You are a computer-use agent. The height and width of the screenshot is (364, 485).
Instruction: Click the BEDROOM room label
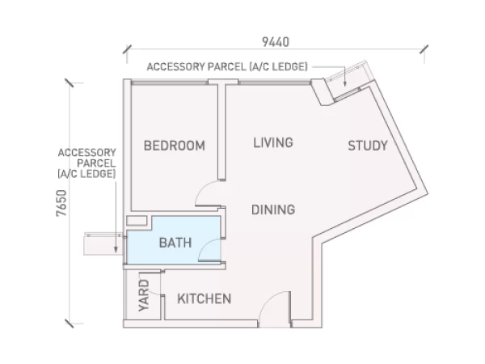pyautogui.click(x=175, y=146)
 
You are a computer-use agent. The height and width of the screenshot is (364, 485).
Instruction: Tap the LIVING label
pyautogui.click(x=273, y=142)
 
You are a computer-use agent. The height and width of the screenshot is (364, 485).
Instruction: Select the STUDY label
pyautogui.click(x=368, y=146)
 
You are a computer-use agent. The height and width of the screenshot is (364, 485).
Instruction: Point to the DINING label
pyautogui.click(x=273, y=210)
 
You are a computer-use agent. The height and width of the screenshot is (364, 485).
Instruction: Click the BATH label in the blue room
pyautogui.click(x=175, y=243)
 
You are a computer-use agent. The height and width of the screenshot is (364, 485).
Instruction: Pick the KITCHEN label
pyautogui.click(x=205, y=298)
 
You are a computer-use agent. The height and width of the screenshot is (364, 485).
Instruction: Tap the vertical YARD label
pyautogui.click(x=144, y=295)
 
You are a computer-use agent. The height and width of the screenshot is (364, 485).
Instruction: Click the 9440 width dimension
pyautogui.click(x=276, y=42)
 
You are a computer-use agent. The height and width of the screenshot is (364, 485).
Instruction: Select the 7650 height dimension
pyautogui.click(x=61, y=203)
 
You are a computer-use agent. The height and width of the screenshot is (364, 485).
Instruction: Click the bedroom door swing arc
pyautogui.click(x=201, y=188)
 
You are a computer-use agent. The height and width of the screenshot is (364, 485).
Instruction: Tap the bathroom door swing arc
pyautogui.click(x=205, y=246)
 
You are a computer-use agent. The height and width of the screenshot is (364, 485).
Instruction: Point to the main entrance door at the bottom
pyautogui.click(x=275, y=309)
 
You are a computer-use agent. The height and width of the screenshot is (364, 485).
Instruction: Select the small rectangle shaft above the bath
pyautogui.click(x=137, y=221)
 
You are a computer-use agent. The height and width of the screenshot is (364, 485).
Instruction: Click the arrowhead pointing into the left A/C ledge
pyautogui.click(x=116, y=249)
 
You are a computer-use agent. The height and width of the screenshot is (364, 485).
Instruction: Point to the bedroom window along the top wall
pyautogui.click(x=170, y=83)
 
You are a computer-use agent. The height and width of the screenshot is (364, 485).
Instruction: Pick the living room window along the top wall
pyautogui.click(x=274, y=83)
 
